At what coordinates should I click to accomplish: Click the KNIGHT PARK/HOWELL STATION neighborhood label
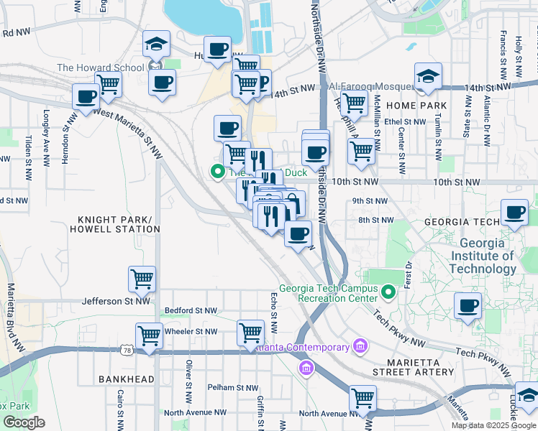(114, 223)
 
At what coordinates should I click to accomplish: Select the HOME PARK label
(416, 106)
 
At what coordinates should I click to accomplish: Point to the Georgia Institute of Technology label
(483, 256)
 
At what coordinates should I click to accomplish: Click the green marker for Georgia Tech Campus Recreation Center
(389, 292)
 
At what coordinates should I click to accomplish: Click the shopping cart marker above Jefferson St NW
(142, 279)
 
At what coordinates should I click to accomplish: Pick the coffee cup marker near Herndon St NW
(86, 96)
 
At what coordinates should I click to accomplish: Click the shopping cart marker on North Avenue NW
(363, 397)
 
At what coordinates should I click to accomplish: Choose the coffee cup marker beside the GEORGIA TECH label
(514, 213)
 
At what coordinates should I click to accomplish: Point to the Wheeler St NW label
(191, 332)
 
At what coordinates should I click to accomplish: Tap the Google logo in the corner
(23, 422)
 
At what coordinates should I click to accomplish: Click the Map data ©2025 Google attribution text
(493, 425)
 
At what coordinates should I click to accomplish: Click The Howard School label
(100, 68)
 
